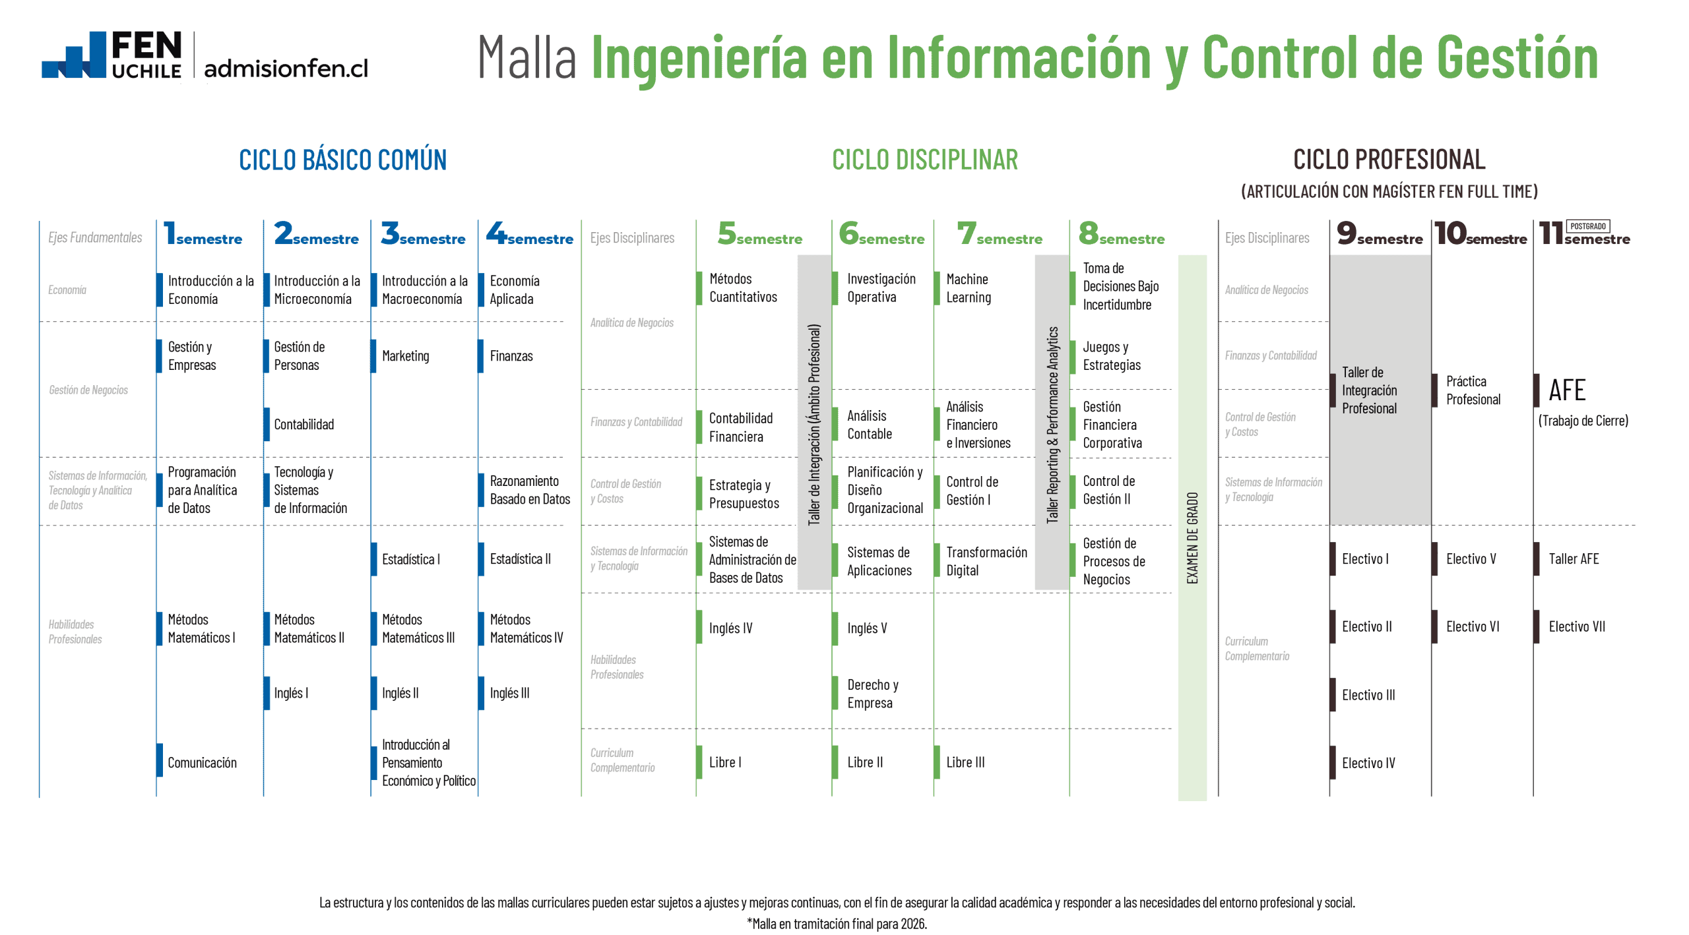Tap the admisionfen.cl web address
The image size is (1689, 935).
coord(286,68)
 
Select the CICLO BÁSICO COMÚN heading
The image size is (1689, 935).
coord(342,160)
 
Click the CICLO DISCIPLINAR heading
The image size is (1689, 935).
coord(924,160)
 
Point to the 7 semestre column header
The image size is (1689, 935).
coord(1000,235)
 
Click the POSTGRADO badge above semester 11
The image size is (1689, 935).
coord(1587,226)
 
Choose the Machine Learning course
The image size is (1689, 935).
coord(968,289)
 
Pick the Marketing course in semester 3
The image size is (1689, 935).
coord(405,356)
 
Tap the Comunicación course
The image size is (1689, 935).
coord(202,763)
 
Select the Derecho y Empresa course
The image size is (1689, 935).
coord(872,694)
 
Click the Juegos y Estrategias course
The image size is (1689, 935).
coord(1111,356)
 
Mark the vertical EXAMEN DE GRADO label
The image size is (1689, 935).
coord(1192,537)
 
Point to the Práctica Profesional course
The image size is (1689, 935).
coord(1473,390)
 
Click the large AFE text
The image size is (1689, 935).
coord(1567,390)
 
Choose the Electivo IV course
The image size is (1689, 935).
coord(1368,763)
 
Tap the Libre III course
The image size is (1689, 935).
coord(965,762)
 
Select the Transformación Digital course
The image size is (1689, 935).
coord(986,561)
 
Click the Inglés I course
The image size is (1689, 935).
coord(291,693)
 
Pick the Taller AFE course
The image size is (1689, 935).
coord(1574,559)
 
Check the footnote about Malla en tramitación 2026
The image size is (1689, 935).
coord(837,924)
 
